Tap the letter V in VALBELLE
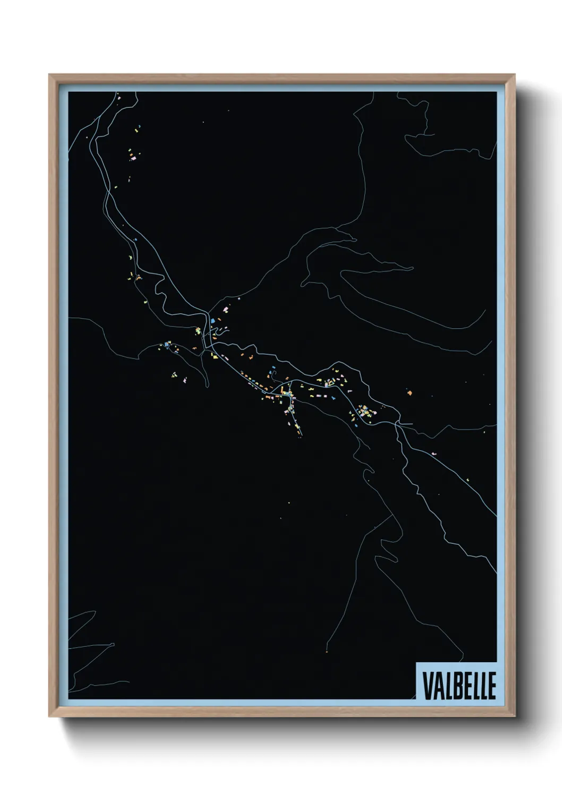[427, 686]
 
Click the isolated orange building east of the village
[409, 393]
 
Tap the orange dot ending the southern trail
[326, 652]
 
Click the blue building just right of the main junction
[212, 320]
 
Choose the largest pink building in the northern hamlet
[134, 157]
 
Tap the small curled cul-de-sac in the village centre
[274, 374]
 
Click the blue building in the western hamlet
[166, 345]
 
